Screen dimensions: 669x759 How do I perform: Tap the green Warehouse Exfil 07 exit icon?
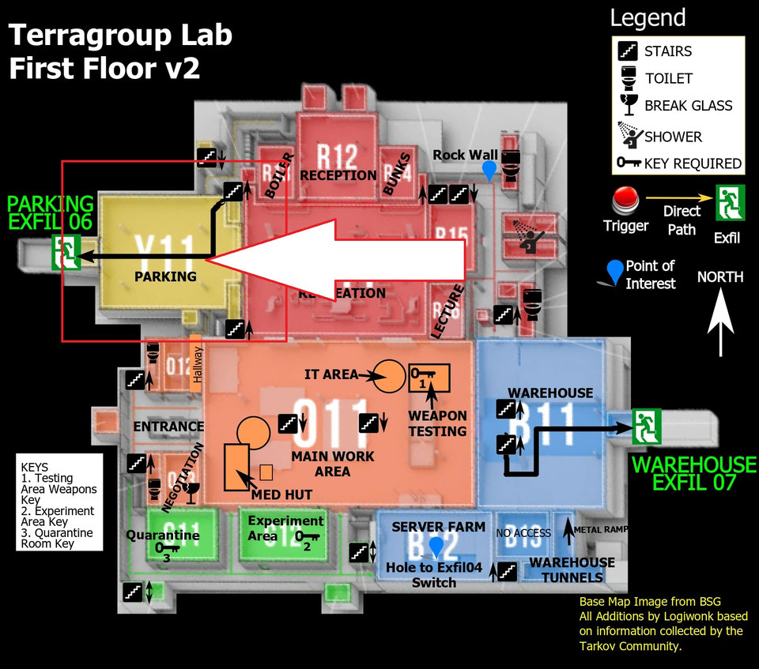(646, 427)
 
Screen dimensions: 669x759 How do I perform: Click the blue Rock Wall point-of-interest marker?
(490, 170)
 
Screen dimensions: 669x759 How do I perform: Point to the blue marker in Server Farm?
(435, 547)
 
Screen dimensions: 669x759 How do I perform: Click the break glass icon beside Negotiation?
(190, 494)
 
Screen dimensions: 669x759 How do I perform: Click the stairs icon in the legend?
(626, 51)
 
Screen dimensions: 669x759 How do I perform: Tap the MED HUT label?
(281, 494)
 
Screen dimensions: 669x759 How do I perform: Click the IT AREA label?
(330, 374)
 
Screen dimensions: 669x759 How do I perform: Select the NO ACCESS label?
(523, 533)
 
